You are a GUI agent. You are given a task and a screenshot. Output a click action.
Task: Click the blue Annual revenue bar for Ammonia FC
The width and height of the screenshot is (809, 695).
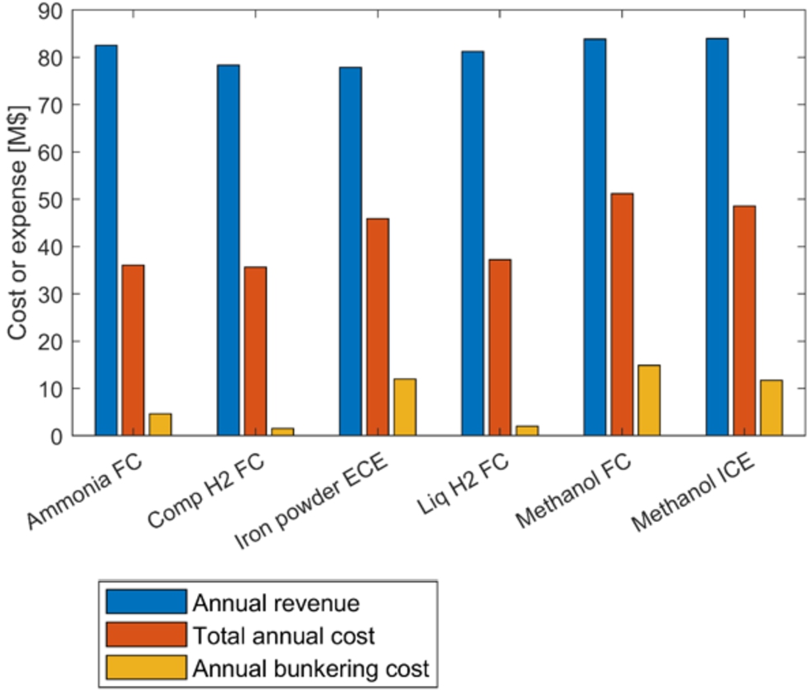[x=106, y=240]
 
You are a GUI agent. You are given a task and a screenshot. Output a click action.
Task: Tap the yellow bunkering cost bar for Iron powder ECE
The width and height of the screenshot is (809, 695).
[x=404, y=407]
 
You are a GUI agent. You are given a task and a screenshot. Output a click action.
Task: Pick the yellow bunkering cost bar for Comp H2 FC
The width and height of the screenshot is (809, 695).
[x=282, y=432]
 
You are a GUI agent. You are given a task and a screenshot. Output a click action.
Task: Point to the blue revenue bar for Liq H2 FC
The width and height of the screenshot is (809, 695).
[x=472, y=244]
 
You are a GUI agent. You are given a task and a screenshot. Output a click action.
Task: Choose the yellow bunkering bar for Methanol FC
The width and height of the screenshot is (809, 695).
[x=648, y=400]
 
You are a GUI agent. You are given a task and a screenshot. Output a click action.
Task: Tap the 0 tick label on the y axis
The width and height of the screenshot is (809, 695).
[x=55, y=436]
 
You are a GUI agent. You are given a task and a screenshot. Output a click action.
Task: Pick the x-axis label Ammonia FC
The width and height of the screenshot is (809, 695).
[x=85, y=489]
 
